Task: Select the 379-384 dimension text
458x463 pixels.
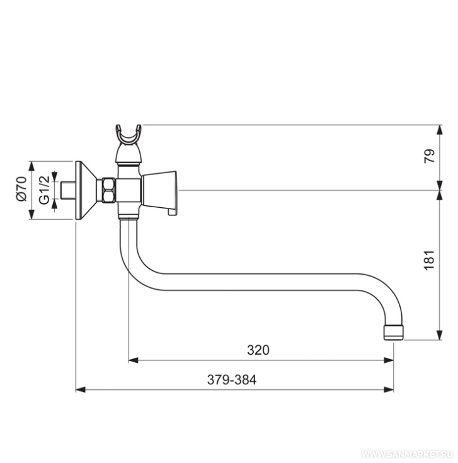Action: click(231, 380)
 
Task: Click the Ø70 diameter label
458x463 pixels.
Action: click(21, 190)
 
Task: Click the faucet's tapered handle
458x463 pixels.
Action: click(160, 189)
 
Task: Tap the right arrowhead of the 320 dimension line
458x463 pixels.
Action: click(390, 361)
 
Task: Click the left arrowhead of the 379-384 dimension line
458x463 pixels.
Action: click(79, 390)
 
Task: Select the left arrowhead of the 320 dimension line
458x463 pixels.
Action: click(132, 361)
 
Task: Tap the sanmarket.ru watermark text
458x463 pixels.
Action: click(406, 454)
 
